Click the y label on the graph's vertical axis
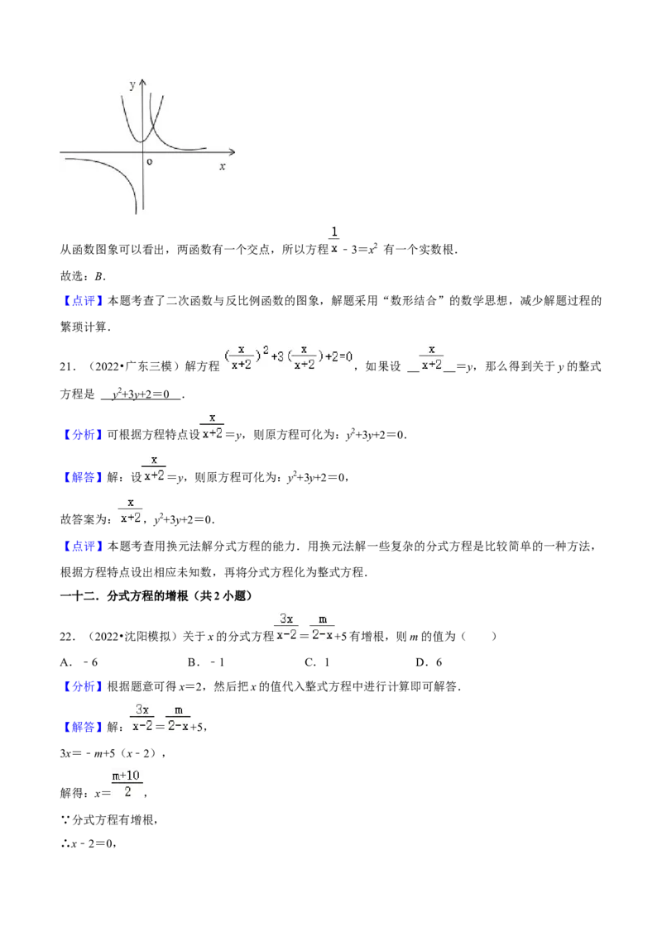pos(132,85)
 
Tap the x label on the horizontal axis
pos(223,166)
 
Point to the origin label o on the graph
pos(150,162)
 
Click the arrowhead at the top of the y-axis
pos(142,84)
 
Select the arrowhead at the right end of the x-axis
pos(231,152)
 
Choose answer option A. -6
pos(79,662)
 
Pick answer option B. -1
pos(205,662)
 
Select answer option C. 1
pos(317,662)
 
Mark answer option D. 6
pos(429,662)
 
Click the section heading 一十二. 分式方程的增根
pos(124,595)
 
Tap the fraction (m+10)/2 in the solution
pos(127,784)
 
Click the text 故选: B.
pos(83,276)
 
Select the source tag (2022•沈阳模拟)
pos(129,637)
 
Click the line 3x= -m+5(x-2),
pos(113,753)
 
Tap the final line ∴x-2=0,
pos(88,843)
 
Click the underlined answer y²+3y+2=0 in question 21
pos(141,394)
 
